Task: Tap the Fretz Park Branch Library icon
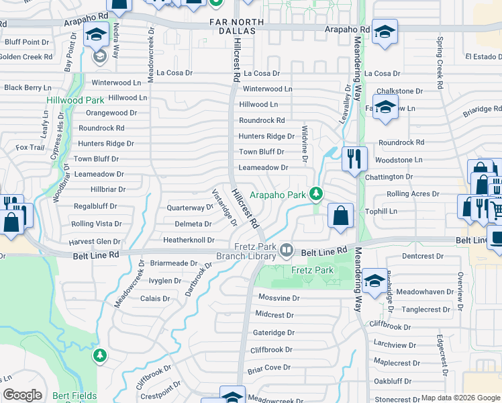point(287,251)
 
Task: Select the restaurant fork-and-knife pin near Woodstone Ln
point(354,159)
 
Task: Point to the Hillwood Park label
point(75,100)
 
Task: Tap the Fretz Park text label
point(312,270)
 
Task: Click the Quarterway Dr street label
point(190,208)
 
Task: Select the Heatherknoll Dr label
point(189,240)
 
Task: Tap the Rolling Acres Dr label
point(413,194)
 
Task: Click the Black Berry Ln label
point(28,87)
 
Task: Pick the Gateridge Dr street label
point(273,332)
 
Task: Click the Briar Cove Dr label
point(268,367)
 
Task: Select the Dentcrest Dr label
point(424,256)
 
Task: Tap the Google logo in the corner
point(22,395)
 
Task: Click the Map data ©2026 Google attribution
point(460,398)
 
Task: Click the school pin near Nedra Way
point(96,35)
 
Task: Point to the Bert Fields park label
point(74,396)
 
